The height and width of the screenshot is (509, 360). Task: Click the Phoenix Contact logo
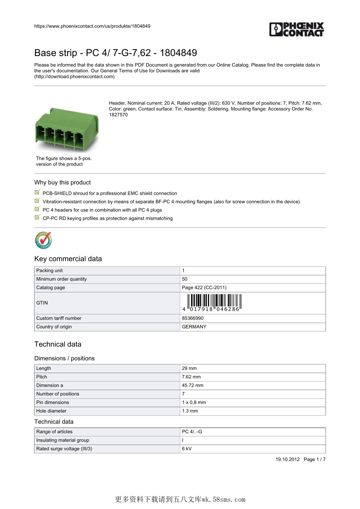(297, 30)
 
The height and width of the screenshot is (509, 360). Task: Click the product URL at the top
(92, 26)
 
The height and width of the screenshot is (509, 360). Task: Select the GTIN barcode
(214, 303)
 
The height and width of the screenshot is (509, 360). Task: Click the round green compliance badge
(43, 240)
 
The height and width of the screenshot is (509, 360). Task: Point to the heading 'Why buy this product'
(63, 183)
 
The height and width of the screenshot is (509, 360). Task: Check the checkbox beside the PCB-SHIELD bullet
(37, 193)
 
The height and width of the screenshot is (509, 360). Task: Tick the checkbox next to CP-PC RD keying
(37, 218)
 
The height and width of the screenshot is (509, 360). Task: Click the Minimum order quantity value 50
(185, 279)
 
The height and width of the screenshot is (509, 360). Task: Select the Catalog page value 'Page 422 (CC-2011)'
(204, 287)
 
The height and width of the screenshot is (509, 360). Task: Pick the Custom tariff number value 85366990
(193, 318)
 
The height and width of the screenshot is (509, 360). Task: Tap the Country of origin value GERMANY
(194, 327)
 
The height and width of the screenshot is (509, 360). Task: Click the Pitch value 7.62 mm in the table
(191, 377)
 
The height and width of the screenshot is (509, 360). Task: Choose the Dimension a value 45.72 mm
(193, 386)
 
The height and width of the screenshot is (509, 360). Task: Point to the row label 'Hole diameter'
(51, 411)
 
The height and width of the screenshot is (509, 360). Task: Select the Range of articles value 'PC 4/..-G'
(192, 432)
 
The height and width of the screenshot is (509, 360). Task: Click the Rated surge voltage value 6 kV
(186, 449)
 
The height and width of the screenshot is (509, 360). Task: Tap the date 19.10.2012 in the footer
(287, 459)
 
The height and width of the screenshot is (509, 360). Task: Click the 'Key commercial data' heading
(68, 259)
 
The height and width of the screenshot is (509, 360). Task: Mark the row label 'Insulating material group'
(63, 440)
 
